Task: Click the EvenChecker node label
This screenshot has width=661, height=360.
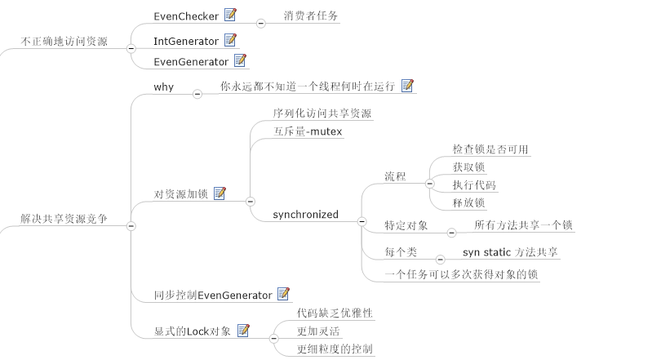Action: coord(187,16)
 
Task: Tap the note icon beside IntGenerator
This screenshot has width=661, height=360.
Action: coord(230,39)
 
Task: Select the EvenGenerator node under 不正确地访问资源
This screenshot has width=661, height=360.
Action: coord(192,61)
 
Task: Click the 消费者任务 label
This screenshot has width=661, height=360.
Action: coord(311,16)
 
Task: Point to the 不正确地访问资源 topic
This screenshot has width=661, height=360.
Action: coord(64,41)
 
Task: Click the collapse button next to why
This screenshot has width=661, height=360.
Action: coord(197,94)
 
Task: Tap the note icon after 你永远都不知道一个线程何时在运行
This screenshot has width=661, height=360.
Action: coord(407,85)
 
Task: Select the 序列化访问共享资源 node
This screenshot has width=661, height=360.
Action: coord(322,113)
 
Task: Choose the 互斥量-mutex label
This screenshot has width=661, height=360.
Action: coord(307,131)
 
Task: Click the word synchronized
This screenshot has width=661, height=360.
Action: coord(305,215)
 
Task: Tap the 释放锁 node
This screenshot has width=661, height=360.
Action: coord(469,202)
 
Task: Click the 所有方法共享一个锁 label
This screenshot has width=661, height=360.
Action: coord(523,224)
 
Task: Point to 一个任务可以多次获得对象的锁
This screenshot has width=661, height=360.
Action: coord(461,274)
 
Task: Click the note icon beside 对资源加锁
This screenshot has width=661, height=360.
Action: coord(220,193)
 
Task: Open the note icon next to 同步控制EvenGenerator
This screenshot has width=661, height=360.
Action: coord(284,294)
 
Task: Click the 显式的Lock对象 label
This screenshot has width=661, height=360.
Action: coord(192,331)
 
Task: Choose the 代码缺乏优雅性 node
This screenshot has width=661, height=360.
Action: coord(335,313)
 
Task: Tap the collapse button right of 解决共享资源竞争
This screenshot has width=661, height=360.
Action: coord(131,226)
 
